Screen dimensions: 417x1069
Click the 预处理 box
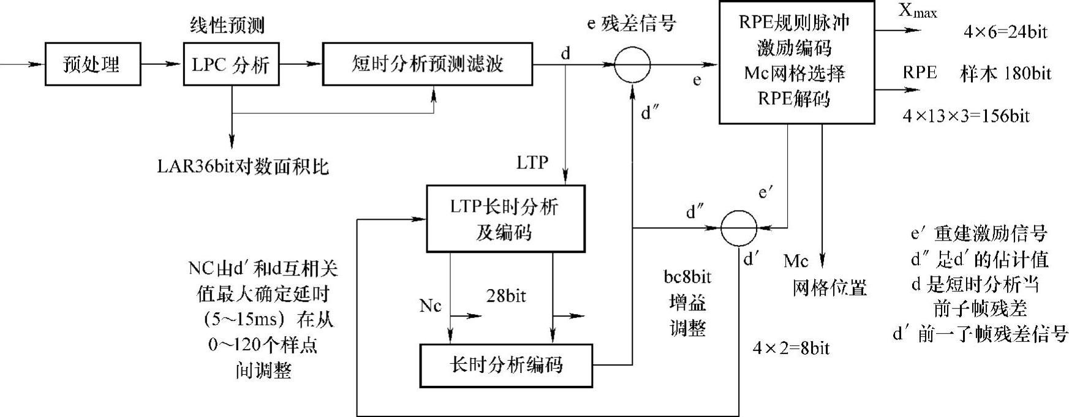(93, 64)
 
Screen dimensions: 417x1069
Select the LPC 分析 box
(231, 64)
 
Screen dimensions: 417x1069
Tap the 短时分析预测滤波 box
(427, 64)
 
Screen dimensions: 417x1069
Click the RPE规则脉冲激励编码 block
(796, 61)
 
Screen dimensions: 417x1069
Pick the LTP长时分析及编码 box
(505, 219)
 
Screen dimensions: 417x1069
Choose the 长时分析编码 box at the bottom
(505, 366)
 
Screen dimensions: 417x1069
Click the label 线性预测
(227, 25)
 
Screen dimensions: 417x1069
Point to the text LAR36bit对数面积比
(243, 166)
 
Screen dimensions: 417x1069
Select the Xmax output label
(917, 11)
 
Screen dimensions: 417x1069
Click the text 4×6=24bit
(1005, 32)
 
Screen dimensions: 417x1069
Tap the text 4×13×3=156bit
(966, 116)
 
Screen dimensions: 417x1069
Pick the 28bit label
(506, 296)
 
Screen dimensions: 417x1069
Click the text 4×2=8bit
(791, 348)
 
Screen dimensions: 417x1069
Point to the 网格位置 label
(829, 288)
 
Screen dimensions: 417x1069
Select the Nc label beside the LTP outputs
(430, 306)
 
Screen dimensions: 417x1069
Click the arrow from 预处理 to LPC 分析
(162, 64)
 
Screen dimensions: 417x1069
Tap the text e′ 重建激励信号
(979, 233)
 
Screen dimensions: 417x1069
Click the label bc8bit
(687, 277)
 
